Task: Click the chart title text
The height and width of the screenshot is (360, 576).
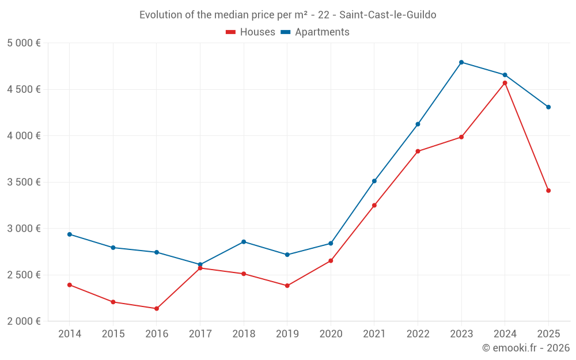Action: pyautogui.click(x=287, y=15)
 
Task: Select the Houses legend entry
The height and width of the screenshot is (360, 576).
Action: pyautogui.click(x=251, y=32)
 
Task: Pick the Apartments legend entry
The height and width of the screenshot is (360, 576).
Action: pyautogui.click(x=315, y=32)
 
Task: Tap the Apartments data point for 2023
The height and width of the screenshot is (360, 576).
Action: pyautogui.click(x=461, y=62)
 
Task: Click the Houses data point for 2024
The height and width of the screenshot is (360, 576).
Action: pyautogui.click(x=505, y=83)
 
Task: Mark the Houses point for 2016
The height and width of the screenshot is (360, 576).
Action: pyautogui.click(x=157, y=309)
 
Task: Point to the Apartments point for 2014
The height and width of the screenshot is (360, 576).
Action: pyautogui.click(x=69, y=234)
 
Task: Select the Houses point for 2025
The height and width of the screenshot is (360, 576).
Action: pyautogui.click(x=548, y=191)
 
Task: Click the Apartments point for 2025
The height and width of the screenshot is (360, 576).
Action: pyautogui.click(x=548, y=107)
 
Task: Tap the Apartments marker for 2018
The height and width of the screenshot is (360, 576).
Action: pyautogui.click(x=244, y=242)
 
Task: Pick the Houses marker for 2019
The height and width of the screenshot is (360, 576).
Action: pyautogui.click(x=287, y=286)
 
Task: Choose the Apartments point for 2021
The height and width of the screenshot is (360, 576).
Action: pyautogui.click(x=374, y=181)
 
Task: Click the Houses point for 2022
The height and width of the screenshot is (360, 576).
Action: pyautogui.click(x=418, y=151)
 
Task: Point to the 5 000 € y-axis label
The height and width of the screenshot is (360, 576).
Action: pyautogui.click(x=24, y=43)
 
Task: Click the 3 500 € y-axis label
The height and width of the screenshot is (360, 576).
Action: pyautogui.click(x=24, y=182)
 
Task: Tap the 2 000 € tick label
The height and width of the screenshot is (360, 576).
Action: pyautogui.click(x=24, y=321)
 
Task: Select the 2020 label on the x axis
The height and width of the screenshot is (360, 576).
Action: pyautogui.click(x=331, y=334)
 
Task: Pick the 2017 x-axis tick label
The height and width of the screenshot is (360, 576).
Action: pyautogui.click(x=200, y=334)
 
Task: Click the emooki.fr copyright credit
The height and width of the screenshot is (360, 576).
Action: pyautogui.click(x=525, y=348)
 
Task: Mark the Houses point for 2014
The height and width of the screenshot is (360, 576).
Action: pyautogui.click(x=69, y=285)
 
